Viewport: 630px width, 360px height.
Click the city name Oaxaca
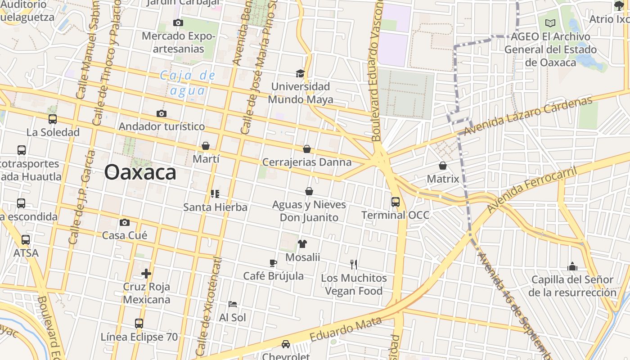click(140, 173)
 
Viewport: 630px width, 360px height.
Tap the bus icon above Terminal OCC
click(395, 202)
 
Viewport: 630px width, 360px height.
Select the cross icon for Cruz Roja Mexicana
click(146, 273)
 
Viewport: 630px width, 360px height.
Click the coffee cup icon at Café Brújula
click(273, 263)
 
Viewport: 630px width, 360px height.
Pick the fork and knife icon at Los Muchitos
click(354, 265)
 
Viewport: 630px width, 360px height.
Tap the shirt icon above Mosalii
click(302, 244)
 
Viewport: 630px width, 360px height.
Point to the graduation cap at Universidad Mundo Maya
click(300, 73)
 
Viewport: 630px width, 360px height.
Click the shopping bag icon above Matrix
click(442, 166)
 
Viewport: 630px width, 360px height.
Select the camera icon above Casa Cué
click(125, 222)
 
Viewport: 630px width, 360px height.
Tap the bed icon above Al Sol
click(232, 304)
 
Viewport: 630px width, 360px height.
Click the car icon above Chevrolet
click(285, 344)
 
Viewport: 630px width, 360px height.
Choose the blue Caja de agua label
click(188, 83)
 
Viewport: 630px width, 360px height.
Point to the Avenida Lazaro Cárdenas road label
click(528, 116)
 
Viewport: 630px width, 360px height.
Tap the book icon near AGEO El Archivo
click(550, 23)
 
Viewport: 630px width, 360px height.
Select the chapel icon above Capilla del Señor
click(572, 266)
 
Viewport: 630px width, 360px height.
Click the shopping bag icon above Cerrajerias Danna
click(307, 149)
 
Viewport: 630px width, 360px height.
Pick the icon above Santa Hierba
click(215, 194)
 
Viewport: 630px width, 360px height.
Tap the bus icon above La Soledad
click(53, 119)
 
